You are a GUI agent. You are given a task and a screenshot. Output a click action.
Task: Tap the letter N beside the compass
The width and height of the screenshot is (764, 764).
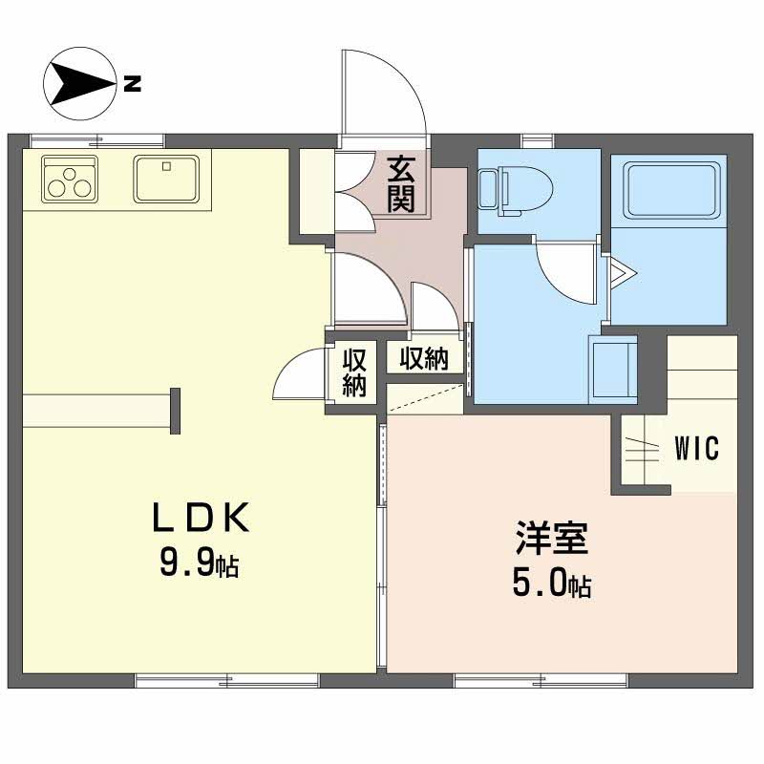click(132, 83)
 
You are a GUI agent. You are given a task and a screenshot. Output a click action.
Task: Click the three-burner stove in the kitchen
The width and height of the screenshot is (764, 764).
click(70, 179)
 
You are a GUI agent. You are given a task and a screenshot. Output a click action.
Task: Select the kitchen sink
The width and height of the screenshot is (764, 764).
click(166, 179)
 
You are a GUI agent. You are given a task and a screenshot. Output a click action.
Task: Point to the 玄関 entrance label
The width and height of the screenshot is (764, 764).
click(400, 183)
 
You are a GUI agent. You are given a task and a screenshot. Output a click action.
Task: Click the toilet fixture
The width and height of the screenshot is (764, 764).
click(515, 190)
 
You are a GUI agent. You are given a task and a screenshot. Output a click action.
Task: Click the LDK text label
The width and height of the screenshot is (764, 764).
click(201, 518)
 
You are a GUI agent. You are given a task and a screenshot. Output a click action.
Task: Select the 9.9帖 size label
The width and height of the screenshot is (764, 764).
click(200, 565)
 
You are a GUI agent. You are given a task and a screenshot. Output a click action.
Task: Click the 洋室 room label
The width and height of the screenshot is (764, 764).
click(552, 538)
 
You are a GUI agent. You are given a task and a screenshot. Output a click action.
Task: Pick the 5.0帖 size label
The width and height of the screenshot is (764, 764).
click(552, 584)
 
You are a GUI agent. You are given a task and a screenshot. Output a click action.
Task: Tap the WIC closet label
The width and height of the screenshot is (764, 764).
click(697, 448)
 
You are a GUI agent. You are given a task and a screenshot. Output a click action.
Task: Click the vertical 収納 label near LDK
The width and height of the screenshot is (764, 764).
click(354, 373)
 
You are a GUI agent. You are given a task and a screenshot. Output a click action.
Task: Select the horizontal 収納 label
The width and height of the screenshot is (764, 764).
click(424, 359)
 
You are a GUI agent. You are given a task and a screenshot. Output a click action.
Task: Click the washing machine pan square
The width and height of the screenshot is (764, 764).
click(613, 370)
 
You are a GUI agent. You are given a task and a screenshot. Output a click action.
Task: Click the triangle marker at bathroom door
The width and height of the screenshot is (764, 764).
click(623, 272)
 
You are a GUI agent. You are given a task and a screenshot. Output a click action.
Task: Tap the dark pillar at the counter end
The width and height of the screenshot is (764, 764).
click(176, 412)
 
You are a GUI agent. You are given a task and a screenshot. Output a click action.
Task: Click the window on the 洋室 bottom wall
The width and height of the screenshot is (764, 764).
click(541, 681)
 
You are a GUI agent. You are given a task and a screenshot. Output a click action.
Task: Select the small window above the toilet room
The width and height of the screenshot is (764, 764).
click(538, 140)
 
